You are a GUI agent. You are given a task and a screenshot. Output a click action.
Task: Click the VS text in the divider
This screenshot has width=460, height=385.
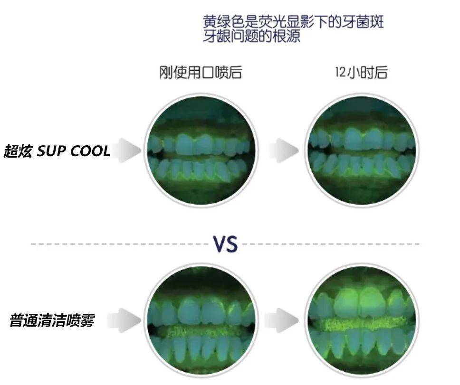[225, 244]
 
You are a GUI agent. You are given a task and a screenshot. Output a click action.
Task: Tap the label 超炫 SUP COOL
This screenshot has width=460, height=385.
[57, 151]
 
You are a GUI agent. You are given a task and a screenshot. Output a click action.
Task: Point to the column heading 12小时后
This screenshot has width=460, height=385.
[361, 72]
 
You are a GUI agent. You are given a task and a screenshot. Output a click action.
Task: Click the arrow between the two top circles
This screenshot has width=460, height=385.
[284, 150]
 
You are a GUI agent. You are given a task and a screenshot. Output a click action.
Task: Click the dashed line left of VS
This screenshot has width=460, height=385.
[119, 244]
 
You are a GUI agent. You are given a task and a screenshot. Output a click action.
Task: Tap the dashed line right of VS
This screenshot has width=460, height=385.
[333, 244]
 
